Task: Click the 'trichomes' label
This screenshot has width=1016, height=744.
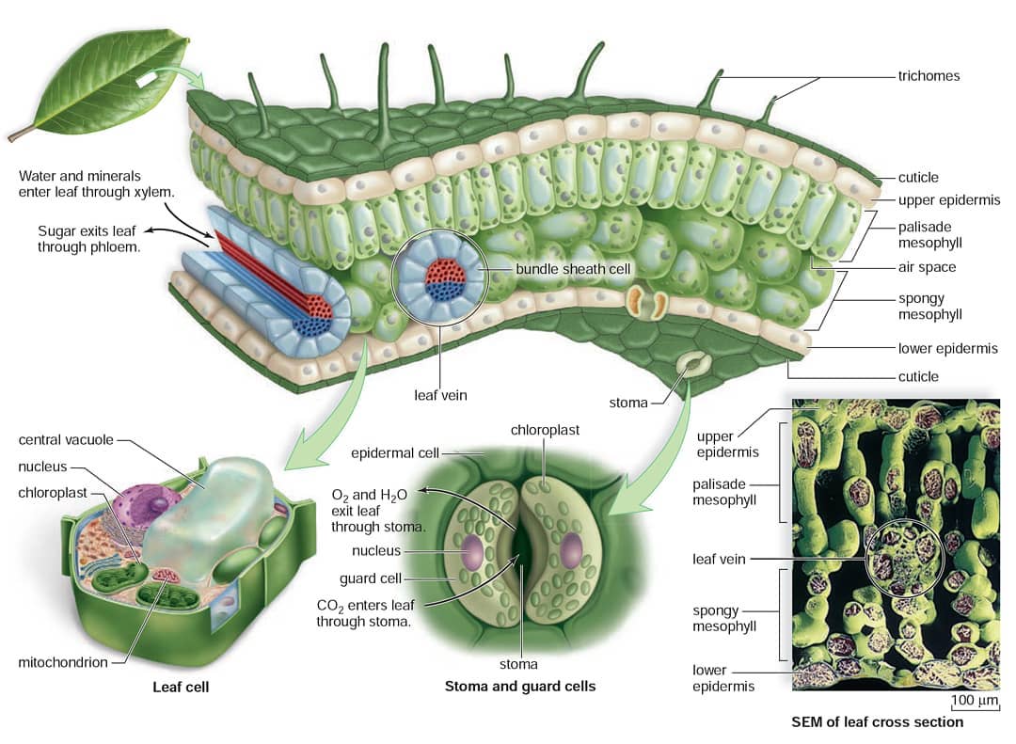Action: pyautogui.click(x=929, y=76)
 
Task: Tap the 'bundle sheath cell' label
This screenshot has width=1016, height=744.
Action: pyautogui.click(x=573, y=269)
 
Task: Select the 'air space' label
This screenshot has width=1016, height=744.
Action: pyautogui.click(x=927, y=267)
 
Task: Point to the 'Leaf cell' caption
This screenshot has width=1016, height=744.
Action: pyautogui.click(x=181, y=687)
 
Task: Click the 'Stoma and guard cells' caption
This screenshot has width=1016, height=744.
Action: pyautogui.click(x=519, y=687)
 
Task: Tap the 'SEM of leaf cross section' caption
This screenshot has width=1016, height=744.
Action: pyautogui.click(x=878, y=722)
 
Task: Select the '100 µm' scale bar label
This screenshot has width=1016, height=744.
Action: pyautogui.click(x=975, y=700)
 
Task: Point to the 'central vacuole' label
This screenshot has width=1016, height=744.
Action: pyautogui.click(x=66, y=439)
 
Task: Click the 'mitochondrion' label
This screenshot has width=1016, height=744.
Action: pyautogui.click(x=63, y=662)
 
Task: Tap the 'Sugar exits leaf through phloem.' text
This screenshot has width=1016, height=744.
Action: pyautogui.click(x=88, y=239)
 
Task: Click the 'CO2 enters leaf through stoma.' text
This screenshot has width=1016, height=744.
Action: pyautogui.click(x=365, y=613)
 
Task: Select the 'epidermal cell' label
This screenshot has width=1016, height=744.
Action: pyautogui.click(x=394, y=453)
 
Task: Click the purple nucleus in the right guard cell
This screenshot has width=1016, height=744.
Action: pyautogui.click(x=572, y=551)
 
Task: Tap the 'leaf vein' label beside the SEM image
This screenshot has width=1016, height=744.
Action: pyautogui.click(x=719, y=559)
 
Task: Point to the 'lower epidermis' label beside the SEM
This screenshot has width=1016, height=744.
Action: pyautogui.click(x=723, y=678)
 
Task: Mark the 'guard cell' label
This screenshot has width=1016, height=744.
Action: pyautogui.click(x=370, y=578)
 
